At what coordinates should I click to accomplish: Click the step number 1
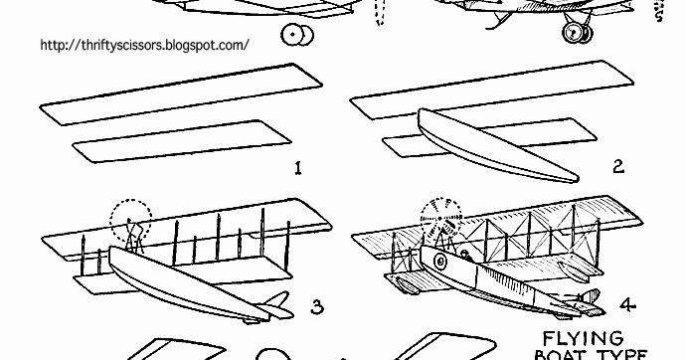(x=297, y=169)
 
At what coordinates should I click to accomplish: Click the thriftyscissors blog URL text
(x=143, y=47)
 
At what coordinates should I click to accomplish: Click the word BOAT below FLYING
(x=576, y=354)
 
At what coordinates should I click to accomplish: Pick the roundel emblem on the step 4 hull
(x=437, y=261)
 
